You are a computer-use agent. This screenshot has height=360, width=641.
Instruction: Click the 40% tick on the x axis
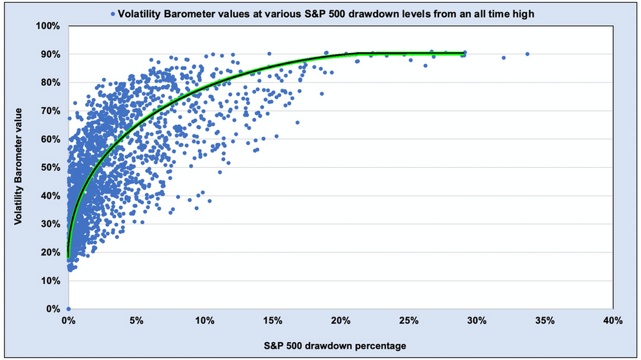pyautogui.click(x=613, y=321)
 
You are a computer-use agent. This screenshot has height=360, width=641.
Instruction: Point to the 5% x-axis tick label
pyautogui.click(x=137, y=321)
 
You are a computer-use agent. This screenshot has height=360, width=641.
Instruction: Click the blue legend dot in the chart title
pyautogui.click(x=113, y=13)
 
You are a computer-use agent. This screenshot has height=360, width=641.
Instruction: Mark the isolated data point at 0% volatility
pyautogui.click(x=69, y=309)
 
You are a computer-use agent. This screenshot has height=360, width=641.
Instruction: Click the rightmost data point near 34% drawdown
pyautogui.click(x=527, y=54)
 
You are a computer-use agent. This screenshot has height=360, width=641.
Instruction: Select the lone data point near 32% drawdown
pyautogui.click(x=504, y=58)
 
